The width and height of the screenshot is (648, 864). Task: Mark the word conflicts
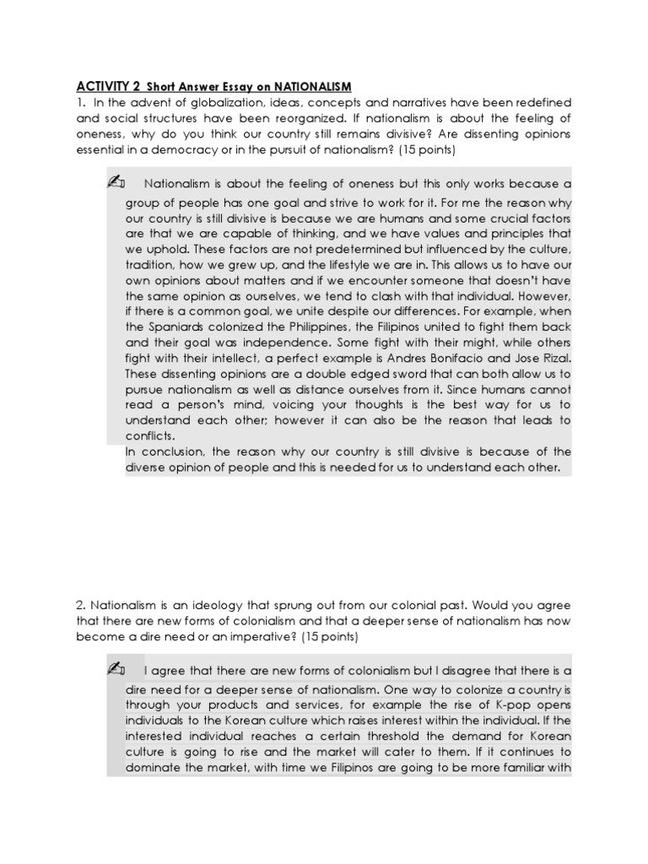150,435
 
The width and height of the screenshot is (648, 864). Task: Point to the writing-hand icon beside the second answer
117,670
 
